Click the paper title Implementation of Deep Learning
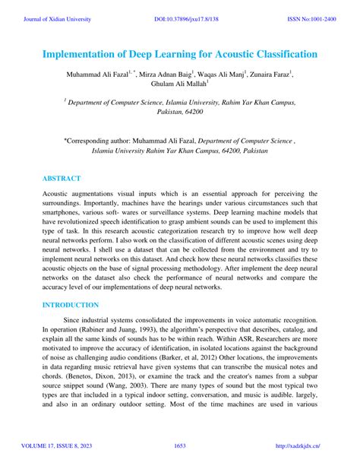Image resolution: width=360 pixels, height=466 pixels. tap(179, 55)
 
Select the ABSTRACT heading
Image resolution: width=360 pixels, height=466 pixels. tap(62, 179)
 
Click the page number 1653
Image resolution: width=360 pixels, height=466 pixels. tap(180, 445)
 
